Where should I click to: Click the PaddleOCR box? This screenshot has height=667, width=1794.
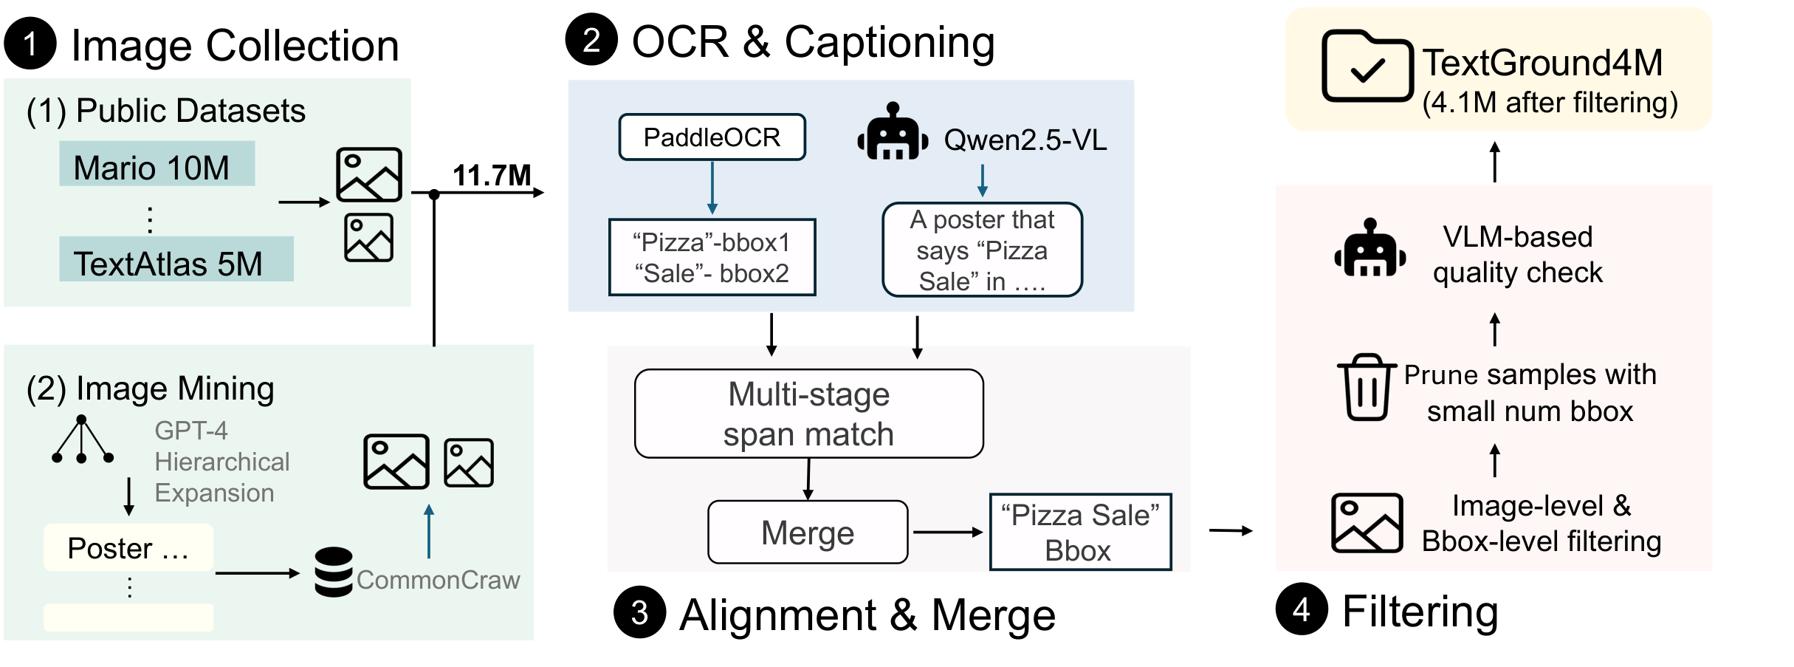pyautogui.click(x=712, y=137)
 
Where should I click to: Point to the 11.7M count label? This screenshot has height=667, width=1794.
pyautogui.click(x=491, y=176)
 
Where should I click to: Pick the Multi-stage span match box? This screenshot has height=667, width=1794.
pyautogui.click(x=808, y=414)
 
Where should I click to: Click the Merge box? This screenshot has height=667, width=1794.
pyautogui.click(x=808, y=533)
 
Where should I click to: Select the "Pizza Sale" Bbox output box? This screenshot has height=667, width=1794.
pyautogui.click(x=1079, y=533)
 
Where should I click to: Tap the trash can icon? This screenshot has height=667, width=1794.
pyautogui.click(x=1366, y=387)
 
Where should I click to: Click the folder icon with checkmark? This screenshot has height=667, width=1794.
pyautogui.click(x=1367, y=66)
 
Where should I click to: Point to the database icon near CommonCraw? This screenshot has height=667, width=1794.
pyautogui.click(x=334, y=572)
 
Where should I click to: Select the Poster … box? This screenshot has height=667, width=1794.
pyautogui.click(x=128, y=548)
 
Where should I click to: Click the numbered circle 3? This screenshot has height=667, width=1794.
pyautogui.click(x=639, y=612)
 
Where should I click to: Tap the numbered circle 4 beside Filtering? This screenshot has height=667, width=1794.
pyautogui.click(x=1302, y=609)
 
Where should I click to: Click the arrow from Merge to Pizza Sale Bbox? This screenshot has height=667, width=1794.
pyautogui.click(x=947, y=532)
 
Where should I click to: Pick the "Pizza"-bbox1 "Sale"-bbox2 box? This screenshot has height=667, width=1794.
pyautogui.click(x=712, y=258)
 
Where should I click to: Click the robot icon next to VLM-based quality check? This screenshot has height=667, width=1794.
pyautogui.click(x=1369, y=249)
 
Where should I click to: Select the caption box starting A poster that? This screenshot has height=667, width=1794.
pyautogui.click(x=982, y=250)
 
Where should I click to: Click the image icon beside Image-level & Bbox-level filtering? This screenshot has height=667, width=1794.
pyautogui.click(x=1367, y=523)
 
